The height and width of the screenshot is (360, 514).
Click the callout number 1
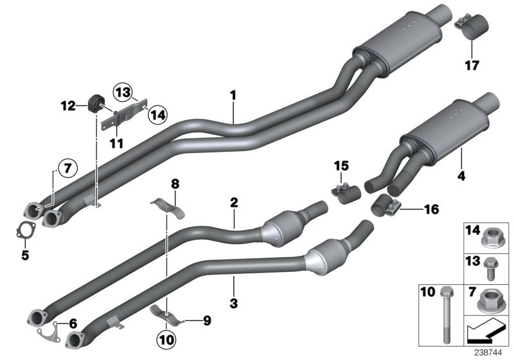click(233, 95)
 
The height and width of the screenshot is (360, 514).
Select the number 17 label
click(472, 64)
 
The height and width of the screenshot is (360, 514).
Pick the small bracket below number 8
click(168, 208)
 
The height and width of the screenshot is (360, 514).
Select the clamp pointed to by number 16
click(385, 206)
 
